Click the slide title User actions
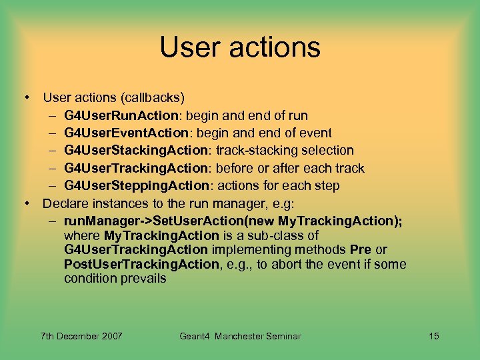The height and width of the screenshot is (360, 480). point(240,47)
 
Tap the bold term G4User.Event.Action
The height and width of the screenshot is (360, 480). point(123,133)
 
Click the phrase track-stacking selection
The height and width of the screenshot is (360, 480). point(285,150)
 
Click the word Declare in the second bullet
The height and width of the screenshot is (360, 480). point(65,202)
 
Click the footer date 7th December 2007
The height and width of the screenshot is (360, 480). point(81,336)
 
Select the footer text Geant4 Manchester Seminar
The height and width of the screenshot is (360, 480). point(240,336)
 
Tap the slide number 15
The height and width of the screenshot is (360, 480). point(433,336)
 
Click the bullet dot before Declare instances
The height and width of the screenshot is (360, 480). point(27,203)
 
